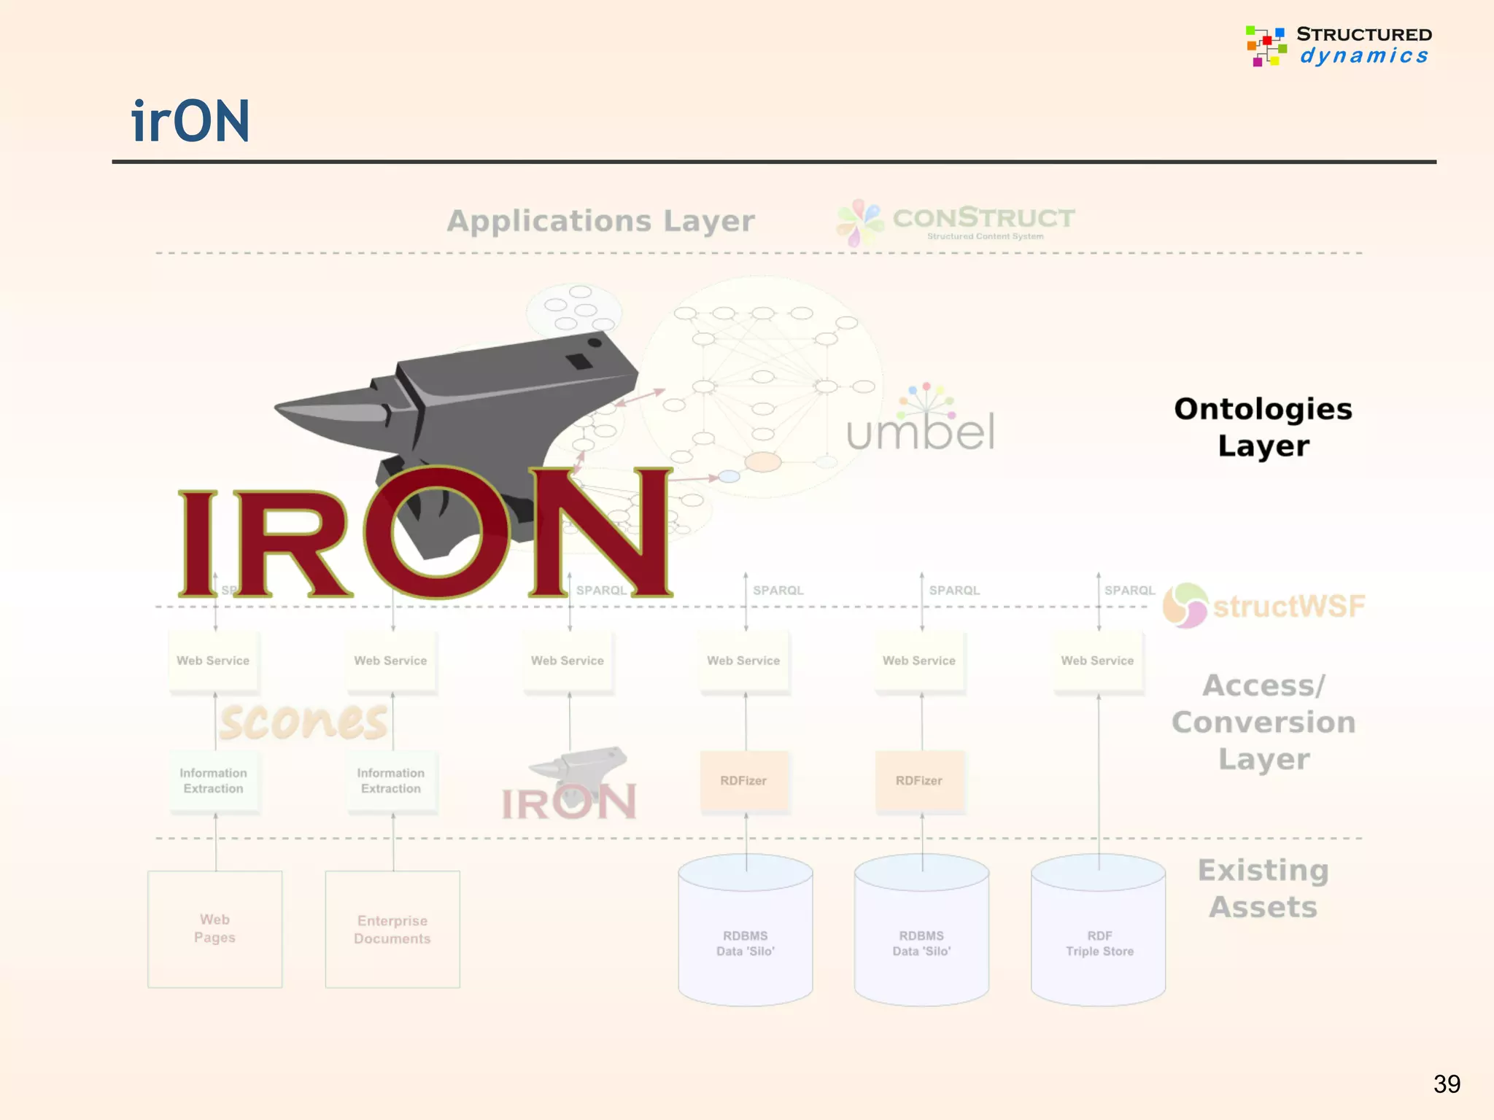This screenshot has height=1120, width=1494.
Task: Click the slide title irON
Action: pos(190,121)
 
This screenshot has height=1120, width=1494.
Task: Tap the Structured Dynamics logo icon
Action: pos(1266,46)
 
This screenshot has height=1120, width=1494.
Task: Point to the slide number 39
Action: pos(1447,1084)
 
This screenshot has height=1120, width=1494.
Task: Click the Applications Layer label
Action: pos(600,221)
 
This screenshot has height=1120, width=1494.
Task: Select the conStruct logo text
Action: pos(983,218)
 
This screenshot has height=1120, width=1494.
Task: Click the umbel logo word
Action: pos(921,431)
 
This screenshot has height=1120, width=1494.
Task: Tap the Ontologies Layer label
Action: pos(1263,427)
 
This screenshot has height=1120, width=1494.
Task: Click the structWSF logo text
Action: pos(1288,607)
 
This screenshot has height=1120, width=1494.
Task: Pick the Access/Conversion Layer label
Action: pos(1263,722)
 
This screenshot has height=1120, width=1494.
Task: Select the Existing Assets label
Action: pos(1263,888)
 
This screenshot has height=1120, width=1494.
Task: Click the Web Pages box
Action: pos(214,929)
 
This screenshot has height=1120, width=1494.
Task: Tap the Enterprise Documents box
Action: pos(392,929)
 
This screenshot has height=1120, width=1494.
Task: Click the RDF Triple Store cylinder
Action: pos(1099,933)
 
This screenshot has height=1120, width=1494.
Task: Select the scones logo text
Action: pos(303,722)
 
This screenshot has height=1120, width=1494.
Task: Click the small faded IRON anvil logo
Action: pos(570,785)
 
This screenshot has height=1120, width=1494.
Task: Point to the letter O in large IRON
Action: pos(436,532)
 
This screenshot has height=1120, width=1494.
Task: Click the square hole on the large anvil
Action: pos(579,361)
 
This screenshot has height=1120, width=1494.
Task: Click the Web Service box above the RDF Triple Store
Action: pos(1097,661)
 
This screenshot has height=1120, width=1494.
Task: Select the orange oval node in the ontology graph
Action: pos(763,462)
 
